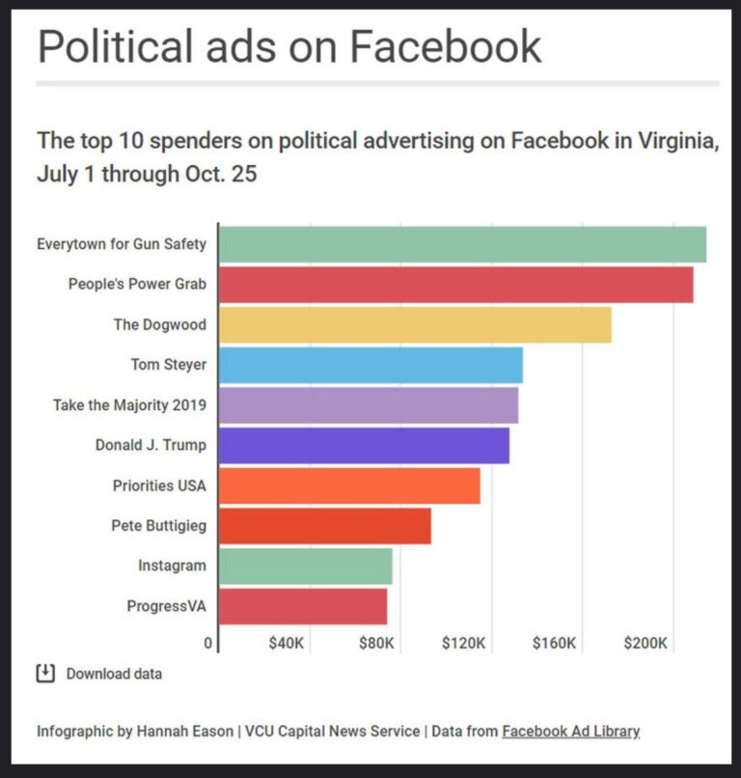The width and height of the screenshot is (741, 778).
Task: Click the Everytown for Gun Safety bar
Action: tap(462, 244)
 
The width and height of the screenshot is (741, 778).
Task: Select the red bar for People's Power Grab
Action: tap(455, 285)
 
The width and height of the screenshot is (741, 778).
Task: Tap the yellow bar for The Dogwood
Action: tap(415, 324)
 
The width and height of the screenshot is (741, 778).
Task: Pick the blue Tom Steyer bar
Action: tap(370, 365)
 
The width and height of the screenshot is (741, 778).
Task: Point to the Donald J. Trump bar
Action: tap(364, 445)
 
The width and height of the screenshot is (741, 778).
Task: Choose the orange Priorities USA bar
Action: tap(349, 486)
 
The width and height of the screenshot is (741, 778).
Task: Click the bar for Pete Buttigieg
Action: tap(324, 526)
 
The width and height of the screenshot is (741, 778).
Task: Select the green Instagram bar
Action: tap(305, 566)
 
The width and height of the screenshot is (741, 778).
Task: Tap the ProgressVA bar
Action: tap(302, 606)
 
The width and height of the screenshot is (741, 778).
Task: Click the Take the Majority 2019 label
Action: tap(129, 405)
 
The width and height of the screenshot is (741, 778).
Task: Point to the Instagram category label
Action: tap(172, 566)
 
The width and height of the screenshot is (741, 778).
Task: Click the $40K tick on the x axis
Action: tap(287, 643)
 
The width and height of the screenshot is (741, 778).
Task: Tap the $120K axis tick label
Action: tap(463, 643)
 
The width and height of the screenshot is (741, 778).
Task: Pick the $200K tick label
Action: tap(645, 643)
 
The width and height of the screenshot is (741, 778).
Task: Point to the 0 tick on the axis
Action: tap(207, 643)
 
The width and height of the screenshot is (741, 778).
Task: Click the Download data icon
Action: tap(45, 673)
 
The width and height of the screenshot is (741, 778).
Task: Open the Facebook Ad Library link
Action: tap(570, 731)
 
